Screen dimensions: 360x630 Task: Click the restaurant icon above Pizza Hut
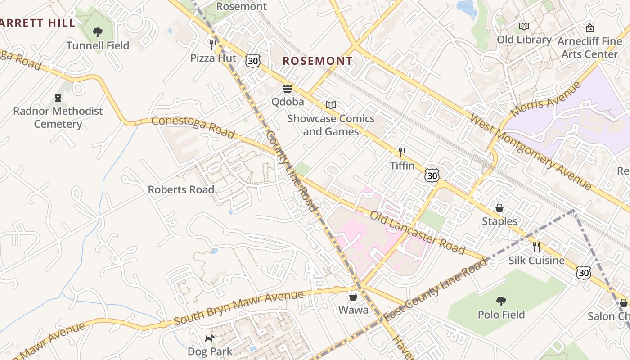tap(213, 45)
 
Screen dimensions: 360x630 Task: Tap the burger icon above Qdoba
tap(288, 88)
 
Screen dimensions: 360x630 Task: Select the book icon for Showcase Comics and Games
tap(331, 105)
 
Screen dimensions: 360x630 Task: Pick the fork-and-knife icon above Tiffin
tap(402, 153)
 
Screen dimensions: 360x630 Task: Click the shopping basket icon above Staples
tap(499, 208)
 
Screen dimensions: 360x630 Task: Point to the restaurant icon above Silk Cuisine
tap(536, 247)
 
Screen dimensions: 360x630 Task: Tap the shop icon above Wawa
tap(353, 297)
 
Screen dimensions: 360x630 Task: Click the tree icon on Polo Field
tap(501, 301)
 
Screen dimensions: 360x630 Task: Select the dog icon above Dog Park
tap(210, 338)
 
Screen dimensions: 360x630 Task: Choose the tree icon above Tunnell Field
tap(97, 32)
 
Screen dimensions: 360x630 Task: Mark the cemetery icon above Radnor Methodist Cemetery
tap(58, 97)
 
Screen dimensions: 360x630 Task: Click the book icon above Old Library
tap(524, 26)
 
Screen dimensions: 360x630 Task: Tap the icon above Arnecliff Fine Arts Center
tap(589, 28)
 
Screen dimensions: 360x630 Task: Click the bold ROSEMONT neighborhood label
tap(318, 61)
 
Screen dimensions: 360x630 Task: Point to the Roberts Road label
tap(181, 189)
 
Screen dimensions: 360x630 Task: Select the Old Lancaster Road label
tap(417, 232)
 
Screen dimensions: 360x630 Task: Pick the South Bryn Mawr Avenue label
tap(238, 308)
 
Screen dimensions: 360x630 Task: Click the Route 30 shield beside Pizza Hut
tap(253, 61)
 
